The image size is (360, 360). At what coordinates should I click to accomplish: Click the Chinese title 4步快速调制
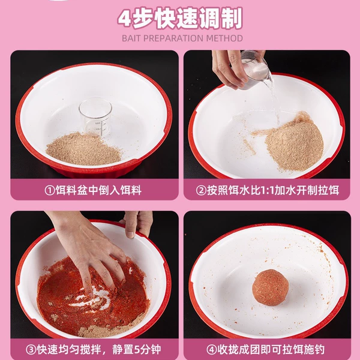(x=180, y=19)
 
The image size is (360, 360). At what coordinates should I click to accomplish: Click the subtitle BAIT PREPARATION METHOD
(x=182, y=38)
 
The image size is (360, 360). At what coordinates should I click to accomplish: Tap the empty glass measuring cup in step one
(x=95, y=117)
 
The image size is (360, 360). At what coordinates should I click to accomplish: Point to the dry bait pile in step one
(x=83, y=149)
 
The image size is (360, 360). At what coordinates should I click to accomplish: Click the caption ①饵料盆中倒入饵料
(x=93, y=190)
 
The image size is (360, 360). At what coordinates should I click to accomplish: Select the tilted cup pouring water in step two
(x=256, y=70)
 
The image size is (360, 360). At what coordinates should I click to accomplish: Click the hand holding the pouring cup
(x=232, y=69)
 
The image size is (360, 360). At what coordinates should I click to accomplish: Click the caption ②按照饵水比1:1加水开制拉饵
(x=268, y=190)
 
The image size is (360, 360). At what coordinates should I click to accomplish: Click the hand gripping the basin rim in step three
(x=137, y=223)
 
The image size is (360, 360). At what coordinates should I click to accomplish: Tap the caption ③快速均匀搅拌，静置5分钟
(x=94, y=350)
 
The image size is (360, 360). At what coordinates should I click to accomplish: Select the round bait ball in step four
(x=270, y=287)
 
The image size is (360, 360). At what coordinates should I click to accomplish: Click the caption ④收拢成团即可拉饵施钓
(x=266, y=350)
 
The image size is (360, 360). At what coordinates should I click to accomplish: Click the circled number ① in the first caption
(x=50, y=191)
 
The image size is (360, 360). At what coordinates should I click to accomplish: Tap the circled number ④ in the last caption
(x=211, y=350)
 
